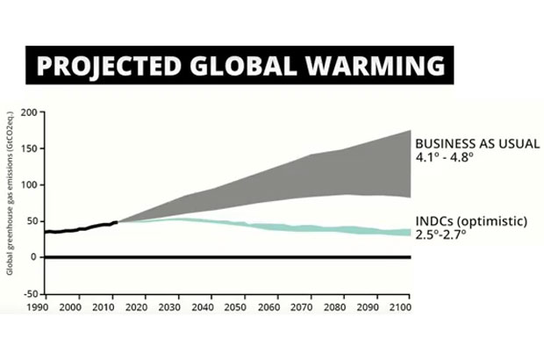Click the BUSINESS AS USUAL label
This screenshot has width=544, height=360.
click(477, 143)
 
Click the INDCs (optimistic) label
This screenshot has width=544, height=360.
click(470, 221)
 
